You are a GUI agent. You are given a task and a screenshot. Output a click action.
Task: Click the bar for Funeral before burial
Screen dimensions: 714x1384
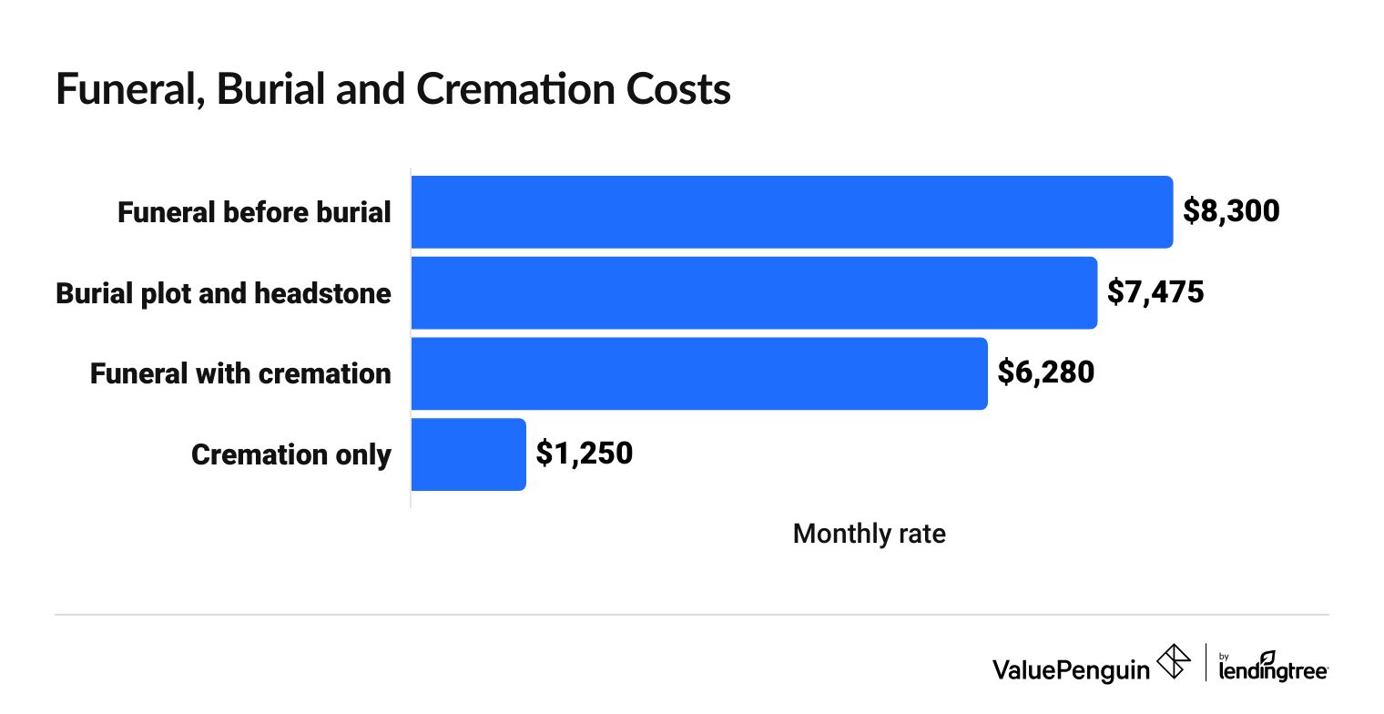791,212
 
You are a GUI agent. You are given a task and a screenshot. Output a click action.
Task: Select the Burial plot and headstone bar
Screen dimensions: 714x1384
754,293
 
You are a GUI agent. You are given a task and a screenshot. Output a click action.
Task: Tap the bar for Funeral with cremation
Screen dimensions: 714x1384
698,373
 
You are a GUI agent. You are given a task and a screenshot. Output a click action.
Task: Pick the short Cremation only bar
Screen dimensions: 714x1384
468,454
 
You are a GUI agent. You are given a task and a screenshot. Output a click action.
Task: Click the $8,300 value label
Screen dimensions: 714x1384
1231,211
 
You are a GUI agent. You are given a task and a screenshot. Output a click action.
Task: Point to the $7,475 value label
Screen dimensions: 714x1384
1155,292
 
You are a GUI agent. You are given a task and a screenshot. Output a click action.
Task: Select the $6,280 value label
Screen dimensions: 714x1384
1045,372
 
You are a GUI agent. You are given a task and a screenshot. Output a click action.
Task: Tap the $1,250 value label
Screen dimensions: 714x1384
584,454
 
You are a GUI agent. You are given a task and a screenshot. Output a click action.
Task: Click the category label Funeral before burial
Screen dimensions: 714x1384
254,213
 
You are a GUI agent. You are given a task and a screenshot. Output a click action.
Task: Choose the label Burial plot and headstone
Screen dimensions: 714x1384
223,293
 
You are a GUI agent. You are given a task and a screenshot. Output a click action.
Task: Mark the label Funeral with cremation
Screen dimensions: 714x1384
240,373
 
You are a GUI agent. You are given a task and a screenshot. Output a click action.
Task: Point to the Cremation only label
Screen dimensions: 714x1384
291,454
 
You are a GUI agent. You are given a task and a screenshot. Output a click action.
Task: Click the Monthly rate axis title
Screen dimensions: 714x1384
869,534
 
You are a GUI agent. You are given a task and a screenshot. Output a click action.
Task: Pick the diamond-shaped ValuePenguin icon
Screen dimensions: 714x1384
1172,661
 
